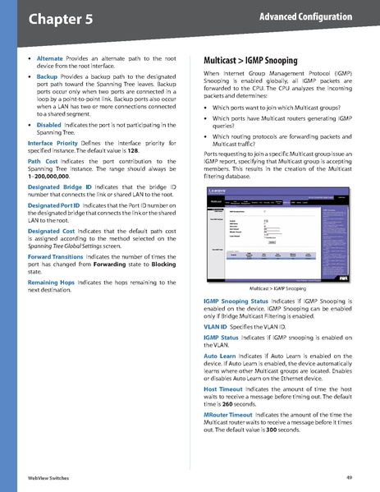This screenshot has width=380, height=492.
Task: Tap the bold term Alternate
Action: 51,59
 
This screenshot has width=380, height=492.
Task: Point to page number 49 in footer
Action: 349,477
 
